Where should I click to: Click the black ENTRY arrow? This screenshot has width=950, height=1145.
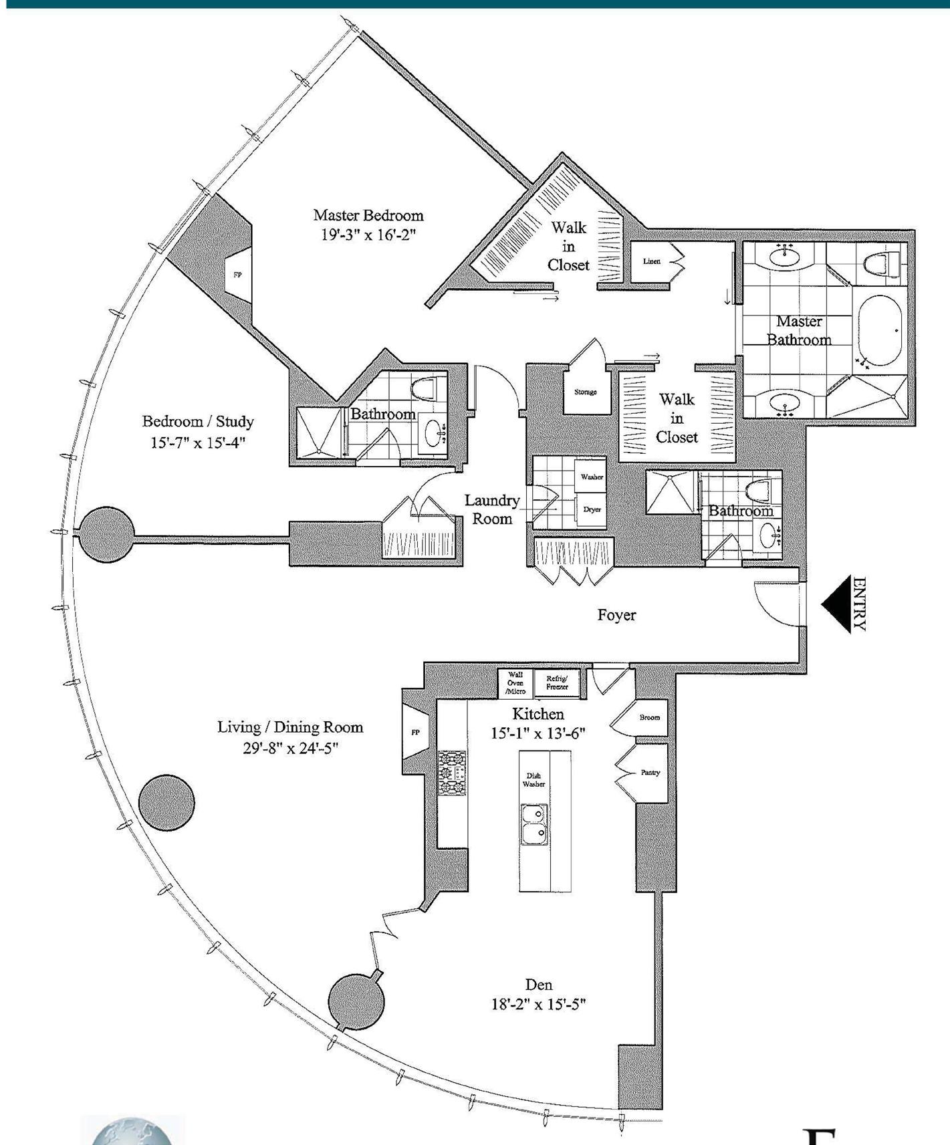click(836, 604)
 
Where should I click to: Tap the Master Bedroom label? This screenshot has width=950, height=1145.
click(368, 215)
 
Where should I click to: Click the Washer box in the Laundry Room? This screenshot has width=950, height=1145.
click(591, 477)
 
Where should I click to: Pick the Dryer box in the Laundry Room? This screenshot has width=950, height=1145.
click(592, 509)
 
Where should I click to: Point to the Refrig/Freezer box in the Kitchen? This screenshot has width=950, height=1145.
click(557, 682)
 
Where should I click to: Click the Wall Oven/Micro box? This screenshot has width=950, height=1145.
click(515, 682)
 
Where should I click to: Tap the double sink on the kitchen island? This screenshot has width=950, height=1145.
click(535, 823)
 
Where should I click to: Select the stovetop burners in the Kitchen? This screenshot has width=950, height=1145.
click(452, 773)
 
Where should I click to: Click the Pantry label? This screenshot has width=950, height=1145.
click(650, 772)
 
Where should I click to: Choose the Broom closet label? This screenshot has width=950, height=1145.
click(649, 717)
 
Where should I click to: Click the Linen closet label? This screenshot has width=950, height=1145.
click(652, 261)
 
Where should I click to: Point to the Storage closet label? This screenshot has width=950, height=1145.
click(586, 392)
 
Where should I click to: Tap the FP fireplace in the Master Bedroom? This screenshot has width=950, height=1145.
click(237, 275)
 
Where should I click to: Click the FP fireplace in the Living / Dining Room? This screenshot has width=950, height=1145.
click(415, 733)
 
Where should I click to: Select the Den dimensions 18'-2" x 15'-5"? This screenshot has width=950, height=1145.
click(538, 1004)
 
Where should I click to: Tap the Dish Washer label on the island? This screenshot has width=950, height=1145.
click(533, 780)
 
